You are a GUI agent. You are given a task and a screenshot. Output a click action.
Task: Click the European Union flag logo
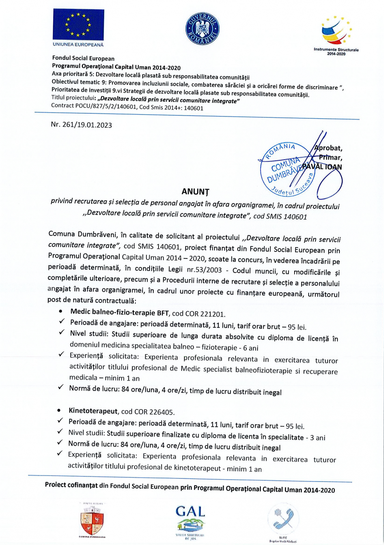(78, 25)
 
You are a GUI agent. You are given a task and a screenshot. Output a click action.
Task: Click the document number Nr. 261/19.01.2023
(81, 125)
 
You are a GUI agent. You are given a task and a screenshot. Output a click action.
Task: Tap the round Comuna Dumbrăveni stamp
(288, 169)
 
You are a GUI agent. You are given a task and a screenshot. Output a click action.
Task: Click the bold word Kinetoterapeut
(93, 411)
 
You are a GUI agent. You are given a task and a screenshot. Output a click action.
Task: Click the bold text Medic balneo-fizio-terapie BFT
(119, 312)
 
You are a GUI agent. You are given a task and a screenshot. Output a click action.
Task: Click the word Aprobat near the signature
(328, 148)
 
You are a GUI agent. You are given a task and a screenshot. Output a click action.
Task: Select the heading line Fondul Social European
(83, 58)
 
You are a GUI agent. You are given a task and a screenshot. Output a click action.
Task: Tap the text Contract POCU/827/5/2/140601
(94, 106)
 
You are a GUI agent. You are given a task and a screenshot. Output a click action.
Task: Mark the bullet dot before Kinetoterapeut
(59, 410)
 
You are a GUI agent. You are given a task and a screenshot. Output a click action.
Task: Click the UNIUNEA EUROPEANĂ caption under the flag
(78, 45)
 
